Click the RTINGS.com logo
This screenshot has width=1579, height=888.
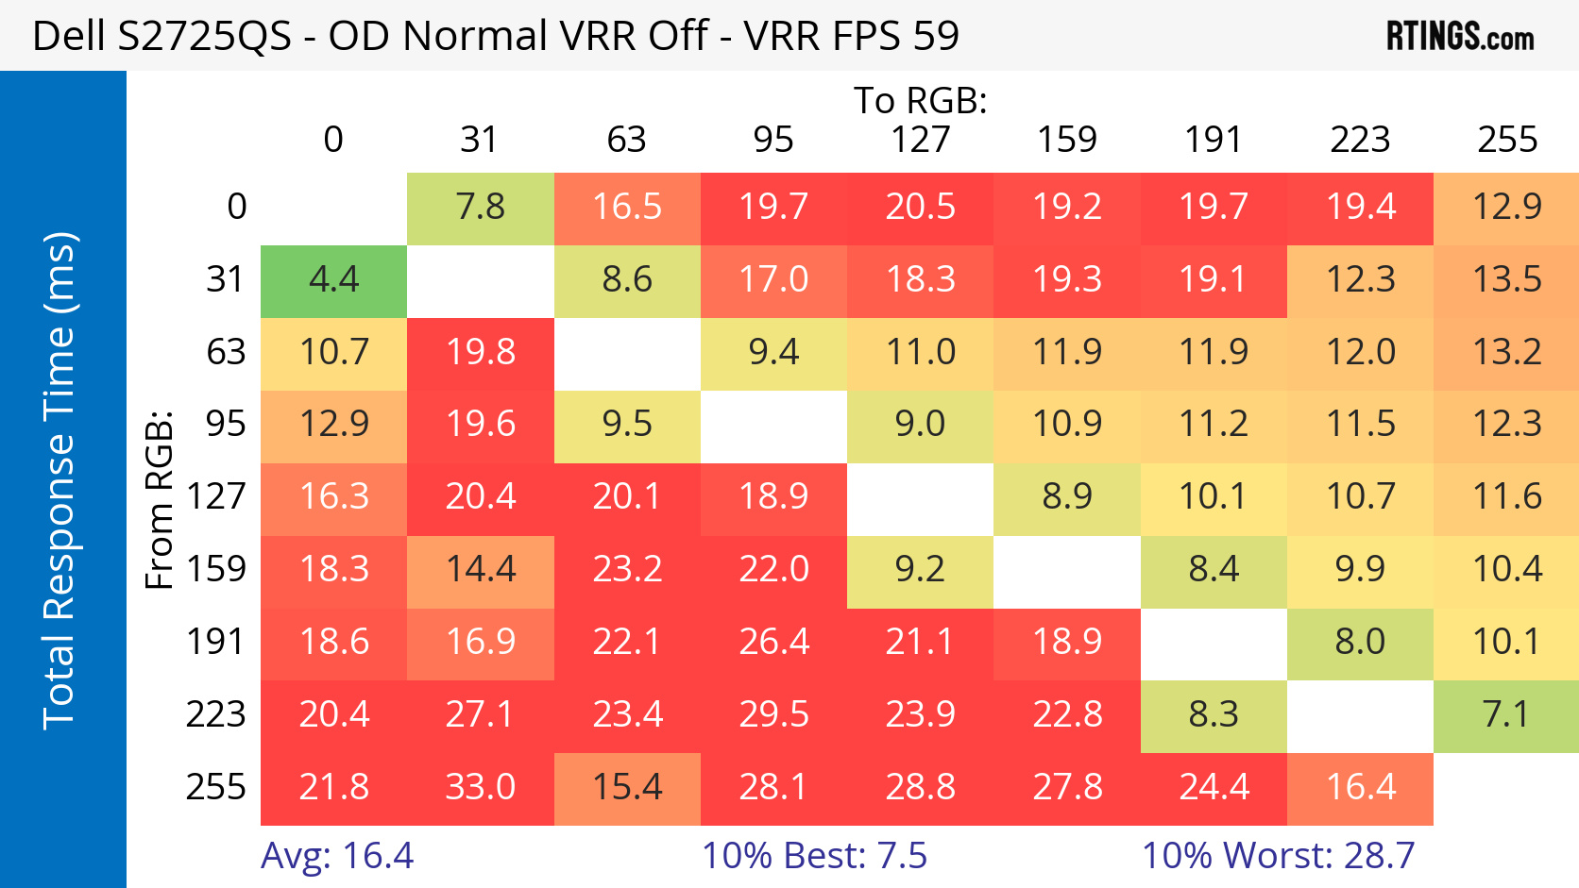[x=1459, y=36]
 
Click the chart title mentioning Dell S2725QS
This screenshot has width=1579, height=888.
[x=495, y=36]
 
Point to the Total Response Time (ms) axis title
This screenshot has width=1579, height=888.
[x=59, y=480]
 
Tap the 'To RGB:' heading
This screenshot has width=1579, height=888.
[x=920, y=100]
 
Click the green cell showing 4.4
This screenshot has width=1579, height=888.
[x=334, y=280]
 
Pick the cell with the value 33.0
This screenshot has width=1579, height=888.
[x=481, y=787]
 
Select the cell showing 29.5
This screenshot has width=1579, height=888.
[x=773, y=714]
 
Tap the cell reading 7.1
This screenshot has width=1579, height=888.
[x=1506, y=714]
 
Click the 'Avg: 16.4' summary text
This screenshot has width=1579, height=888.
[x=337, y=856]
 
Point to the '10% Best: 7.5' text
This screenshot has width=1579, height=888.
[x=814, y=856]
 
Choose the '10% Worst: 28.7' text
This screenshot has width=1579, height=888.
[x=1278, y=856]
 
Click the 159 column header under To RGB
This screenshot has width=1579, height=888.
[x=1067, y=140]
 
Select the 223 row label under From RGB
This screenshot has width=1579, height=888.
[x=215, y=714]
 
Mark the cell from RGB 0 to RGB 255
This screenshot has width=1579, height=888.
[x=1506, y=208]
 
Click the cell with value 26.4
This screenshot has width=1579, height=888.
[x=773, y=643]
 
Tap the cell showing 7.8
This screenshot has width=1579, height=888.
[x=481, y=208]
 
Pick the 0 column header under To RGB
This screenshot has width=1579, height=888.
[x=333, y=140]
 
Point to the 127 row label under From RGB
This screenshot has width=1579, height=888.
[x=215, y=497]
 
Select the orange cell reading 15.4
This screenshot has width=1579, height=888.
[x=627, y=787]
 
